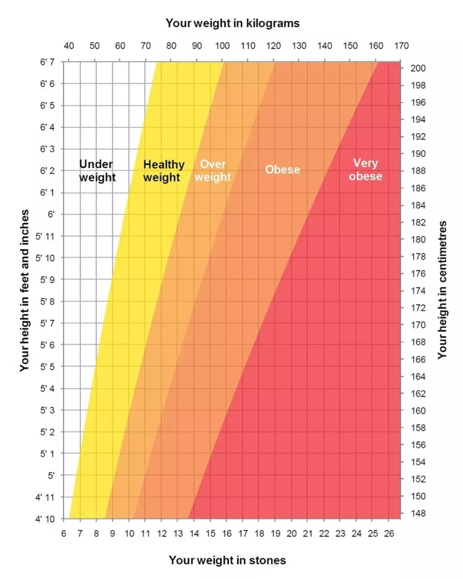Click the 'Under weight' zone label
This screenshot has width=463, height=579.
click(97, 170)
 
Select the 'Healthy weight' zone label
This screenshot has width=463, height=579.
click(164, 171)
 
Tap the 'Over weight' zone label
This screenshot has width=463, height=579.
click(213, 170)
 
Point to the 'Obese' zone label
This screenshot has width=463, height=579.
click(282, 170)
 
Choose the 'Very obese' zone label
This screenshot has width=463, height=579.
click(365, 170)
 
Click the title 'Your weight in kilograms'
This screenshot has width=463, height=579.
click(233, 23)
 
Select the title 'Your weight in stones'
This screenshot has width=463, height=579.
click(227, 560)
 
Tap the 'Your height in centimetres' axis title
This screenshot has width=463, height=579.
click(442, 290)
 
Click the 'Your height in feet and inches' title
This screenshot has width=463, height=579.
click(24, 290)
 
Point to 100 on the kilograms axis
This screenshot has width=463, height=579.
click(222, 46)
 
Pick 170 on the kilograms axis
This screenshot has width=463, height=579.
click(401, 46)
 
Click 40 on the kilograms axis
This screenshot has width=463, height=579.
click(69, 46)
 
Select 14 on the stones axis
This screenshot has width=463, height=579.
click(194, 533)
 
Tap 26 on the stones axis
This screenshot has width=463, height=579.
click(389, 533)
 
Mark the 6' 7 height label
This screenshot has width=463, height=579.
click(47, 62)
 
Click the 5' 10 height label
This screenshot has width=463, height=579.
click(45, 258)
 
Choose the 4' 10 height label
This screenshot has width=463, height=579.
click(45, 519)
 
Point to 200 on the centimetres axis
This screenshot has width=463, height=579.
click(418, 68)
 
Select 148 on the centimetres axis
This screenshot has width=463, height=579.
click(418, 513)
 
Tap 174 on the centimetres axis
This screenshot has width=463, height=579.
click(418, 291)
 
